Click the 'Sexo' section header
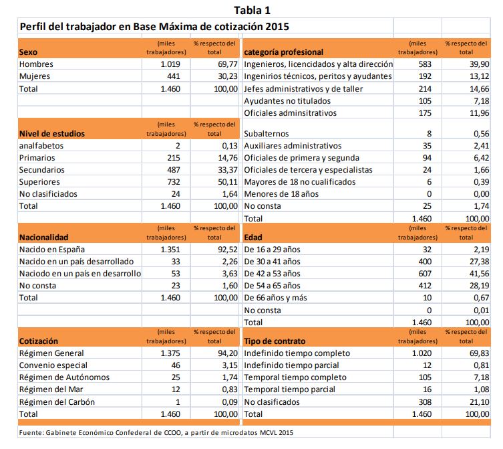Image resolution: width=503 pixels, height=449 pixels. point(29,52)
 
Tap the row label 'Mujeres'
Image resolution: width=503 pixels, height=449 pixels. point(35,76)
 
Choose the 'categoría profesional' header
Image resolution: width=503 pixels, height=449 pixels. point(284,52)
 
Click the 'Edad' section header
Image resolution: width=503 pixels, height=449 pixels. point(254,237)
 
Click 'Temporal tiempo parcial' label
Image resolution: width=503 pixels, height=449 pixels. point(290,389)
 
